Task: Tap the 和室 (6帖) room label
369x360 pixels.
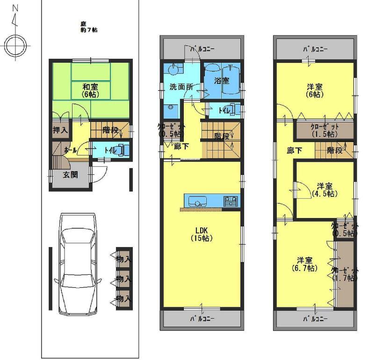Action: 90,90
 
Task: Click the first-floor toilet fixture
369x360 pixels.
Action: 123,150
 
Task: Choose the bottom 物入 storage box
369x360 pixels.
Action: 124,298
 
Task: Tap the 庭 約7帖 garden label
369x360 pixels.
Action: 88,27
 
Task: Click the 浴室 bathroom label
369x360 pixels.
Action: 222,81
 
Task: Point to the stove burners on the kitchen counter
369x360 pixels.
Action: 231,202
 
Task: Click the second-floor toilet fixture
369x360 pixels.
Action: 233,111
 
